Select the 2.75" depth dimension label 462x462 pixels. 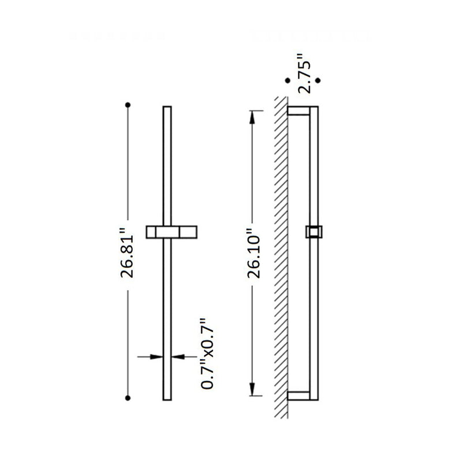304,73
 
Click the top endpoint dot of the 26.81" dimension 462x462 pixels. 128,105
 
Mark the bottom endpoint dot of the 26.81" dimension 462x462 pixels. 128,397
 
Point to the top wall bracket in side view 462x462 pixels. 300,111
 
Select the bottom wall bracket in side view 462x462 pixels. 300,396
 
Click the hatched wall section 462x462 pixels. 281,254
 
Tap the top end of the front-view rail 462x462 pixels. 167,109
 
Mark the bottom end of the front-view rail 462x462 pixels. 167,397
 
